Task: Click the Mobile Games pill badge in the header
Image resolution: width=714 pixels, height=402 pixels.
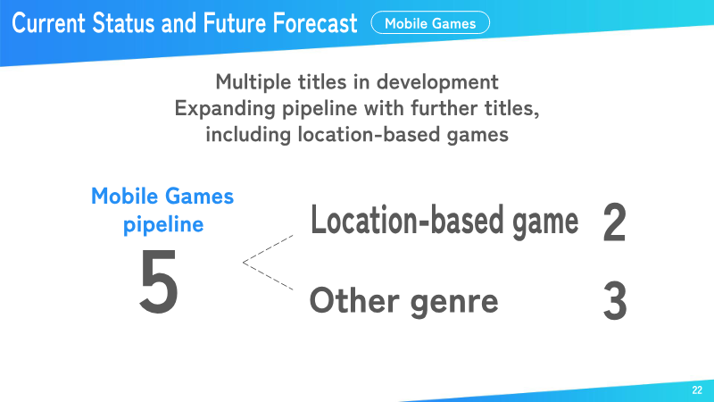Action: point(430,23)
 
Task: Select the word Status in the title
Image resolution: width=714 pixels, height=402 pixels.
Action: point(123,23)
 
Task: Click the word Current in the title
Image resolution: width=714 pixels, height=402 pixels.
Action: point(49,23)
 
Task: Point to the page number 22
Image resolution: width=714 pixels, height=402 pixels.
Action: point(697,390)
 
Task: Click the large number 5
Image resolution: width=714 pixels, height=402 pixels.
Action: point(159,281)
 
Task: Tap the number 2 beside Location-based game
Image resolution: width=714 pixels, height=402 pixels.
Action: point(615,222)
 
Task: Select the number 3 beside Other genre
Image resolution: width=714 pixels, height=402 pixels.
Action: point(615,301)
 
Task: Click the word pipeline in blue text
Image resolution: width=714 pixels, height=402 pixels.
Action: point(163,225)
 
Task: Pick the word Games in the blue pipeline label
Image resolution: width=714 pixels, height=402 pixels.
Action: point(199,197)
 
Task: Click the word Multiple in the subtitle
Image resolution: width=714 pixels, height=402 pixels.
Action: point(253,82)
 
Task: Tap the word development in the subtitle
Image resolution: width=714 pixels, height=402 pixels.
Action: point(437,82)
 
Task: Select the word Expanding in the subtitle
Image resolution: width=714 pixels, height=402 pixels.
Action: point(225,109)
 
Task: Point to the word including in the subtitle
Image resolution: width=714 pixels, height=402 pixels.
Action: point(248,135)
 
